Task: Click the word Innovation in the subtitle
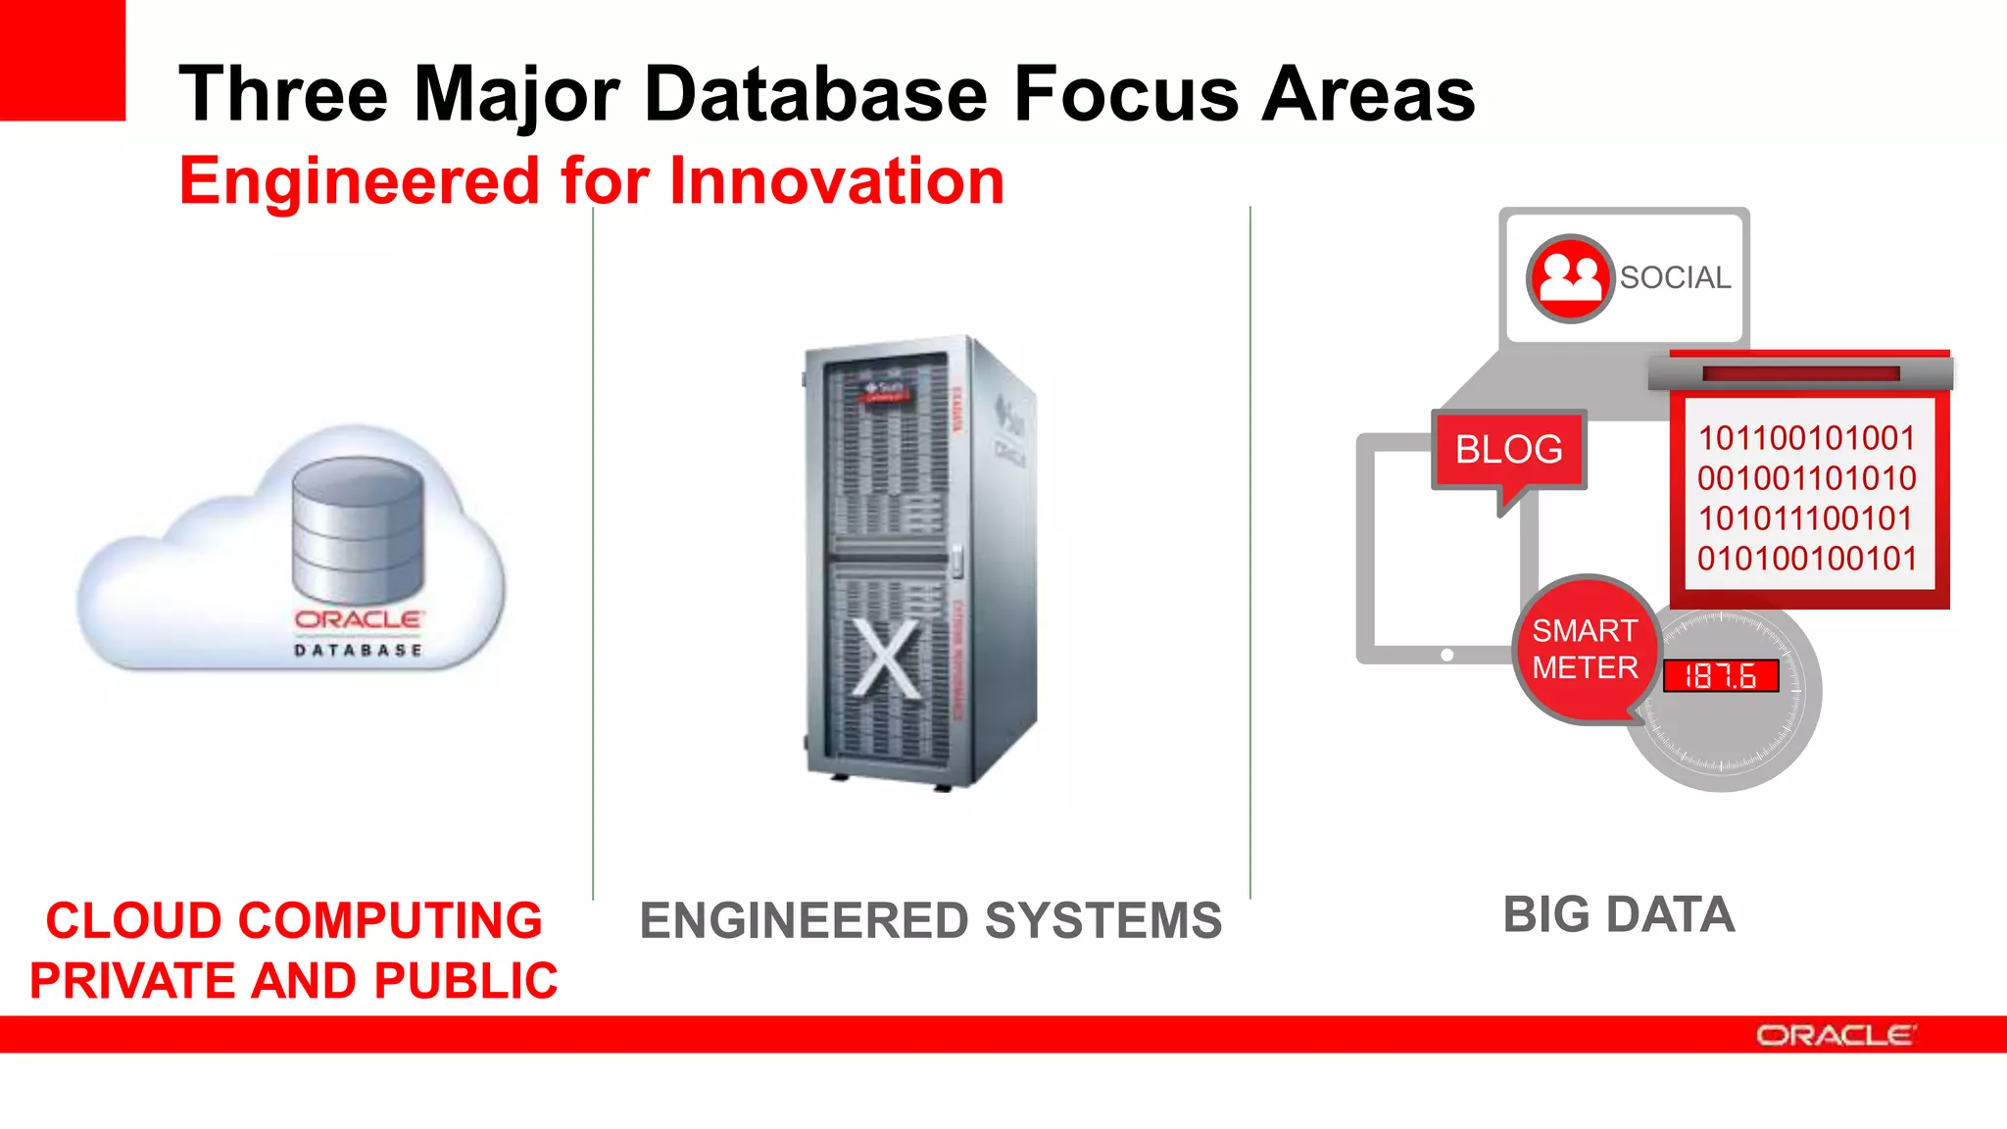[837, 181]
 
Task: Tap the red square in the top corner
[62, 59]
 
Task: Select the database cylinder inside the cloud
[358, 529]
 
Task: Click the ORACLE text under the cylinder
[358, 619]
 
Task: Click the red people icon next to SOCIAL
[1569, 278]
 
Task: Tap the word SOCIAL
[1675, 278]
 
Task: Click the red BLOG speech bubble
[1508, 450]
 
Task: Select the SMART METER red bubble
[1585, 649]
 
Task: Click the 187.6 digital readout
[1720, 675]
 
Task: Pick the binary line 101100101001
[1806, 438]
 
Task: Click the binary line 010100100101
[1806, 559]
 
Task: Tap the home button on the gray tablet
[1446, 655]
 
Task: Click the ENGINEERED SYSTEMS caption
[930, 920]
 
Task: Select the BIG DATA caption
[1619, 914]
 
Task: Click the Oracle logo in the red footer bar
[1835, 1035]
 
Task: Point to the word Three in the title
[283, 94]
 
